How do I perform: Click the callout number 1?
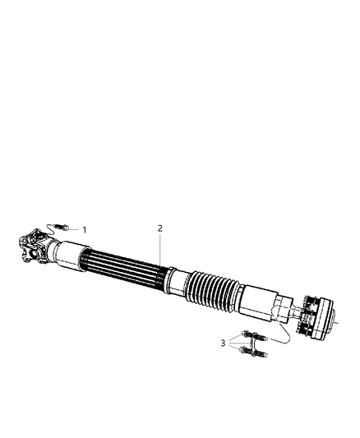[83, 229]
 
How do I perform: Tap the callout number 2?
[160, 228]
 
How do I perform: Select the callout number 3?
[222, 343]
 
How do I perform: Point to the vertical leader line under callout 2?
[160, 251]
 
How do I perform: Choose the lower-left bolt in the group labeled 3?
[242, 352]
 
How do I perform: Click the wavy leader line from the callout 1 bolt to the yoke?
[54, 233]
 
